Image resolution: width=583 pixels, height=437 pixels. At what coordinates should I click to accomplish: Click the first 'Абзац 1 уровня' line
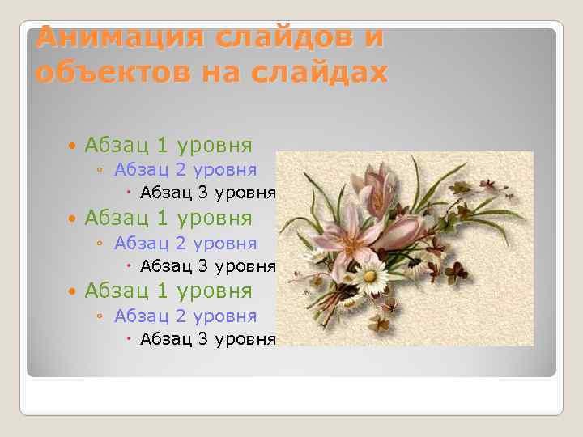click(168, 146)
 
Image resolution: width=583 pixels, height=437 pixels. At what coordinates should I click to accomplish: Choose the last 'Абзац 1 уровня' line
click(168, 291)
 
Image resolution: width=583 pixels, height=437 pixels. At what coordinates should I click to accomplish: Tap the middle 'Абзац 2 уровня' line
click(185, 244)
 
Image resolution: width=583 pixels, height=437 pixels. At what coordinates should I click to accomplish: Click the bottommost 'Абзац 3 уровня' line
click(208, 339)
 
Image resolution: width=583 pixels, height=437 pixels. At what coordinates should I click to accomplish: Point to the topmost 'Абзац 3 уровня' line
click(208, 193)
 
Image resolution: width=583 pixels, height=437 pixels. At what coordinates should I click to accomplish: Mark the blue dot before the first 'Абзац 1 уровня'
click(74, 146)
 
